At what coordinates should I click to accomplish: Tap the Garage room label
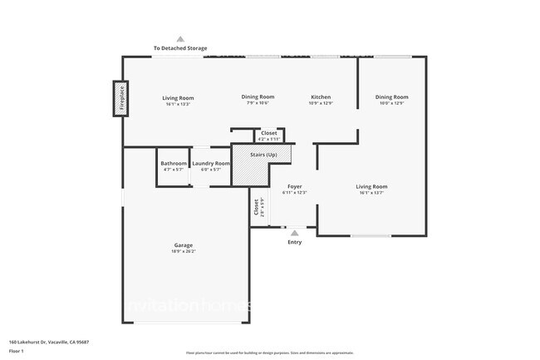tap(184, 245)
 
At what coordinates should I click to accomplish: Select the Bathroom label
tap(174, 164)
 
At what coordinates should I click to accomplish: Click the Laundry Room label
tap(211, 164)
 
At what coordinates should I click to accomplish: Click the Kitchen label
tap(321, 96)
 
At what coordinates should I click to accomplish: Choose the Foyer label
tap(295, 186)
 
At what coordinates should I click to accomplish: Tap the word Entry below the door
tap(295, 242)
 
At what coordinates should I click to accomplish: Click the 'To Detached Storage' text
tap(180, 48)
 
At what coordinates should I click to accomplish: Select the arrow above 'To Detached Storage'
tap(180, 38)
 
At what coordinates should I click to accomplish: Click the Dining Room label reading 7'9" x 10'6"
tap(258, 96)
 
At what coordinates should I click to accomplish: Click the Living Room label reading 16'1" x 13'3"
tap(178, 98)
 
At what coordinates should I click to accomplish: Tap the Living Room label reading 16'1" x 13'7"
tap(372, 186)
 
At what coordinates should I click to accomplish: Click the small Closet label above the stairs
tap(269, 133)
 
